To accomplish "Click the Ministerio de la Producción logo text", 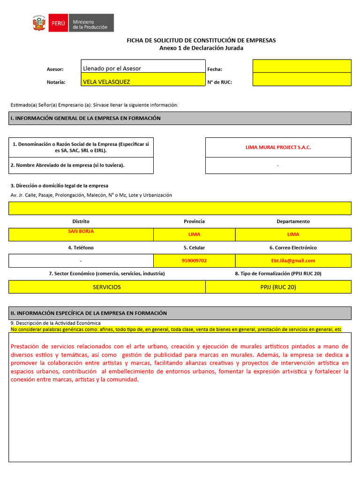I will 90,24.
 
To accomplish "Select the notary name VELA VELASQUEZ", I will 106,82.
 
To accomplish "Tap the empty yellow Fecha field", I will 302,66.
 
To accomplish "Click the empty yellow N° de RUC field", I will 302,80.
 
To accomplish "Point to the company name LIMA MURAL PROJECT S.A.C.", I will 278,147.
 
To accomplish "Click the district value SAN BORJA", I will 81,231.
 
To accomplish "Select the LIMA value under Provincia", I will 194,234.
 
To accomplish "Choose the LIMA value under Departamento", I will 293,234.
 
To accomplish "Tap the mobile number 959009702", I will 194,261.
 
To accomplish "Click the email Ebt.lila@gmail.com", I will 293,261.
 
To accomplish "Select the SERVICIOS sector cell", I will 106,287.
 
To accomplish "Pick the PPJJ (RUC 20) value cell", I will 278,287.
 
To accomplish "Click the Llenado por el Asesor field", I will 112,68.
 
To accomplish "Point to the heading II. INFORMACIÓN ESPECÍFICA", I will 89,313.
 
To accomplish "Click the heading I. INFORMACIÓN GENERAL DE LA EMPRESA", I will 85,118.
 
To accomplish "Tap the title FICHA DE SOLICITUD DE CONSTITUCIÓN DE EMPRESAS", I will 201,40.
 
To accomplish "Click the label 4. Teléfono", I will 81,247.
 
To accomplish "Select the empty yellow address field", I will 180,208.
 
